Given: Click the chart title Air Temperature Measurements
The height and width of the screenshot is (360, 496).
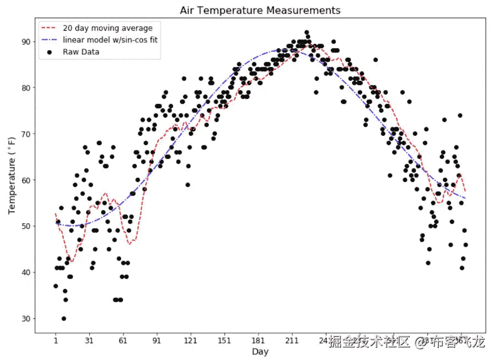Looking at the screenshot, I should [260, 10].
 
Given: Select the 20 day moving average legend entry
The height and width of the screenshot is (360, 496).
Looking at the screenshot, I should [108, 28].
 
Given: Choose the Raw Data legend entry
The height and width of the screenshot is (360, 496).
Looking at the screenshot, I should [81, 52].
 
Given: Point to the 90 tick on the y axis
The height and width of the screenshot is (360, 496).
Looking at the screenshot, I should [25, 41].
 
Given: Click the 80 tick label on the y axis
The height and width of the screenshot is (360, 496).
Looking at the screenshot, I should [25, 87].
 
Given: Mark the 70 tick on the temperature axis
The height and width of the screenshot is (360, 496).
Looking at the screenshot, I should [25, 134].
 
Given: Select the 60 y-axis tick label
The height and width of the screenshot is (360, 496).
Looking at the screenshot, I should [25, 180].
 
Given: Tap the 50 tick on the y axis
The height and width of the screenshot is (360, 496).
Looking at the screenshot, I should [25, 226].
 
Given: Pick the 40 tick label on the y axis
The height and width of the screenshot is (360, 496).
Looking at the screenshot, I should [25, 272].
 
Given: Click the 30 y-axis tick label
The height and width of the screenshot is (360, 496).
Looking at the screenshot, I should [25, 318].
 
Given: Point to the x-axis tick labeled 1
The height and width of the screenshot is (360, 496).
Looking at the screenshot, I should [56, 340].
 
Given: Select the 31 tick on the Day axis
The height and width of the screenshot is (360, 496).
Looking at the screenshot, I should [89, 340].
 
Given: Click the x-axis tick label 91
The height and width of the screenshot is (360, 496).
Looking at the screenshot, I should [157, 340].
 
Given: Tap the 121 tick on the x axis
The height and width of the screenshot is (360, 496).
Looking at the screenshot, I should [191, 340].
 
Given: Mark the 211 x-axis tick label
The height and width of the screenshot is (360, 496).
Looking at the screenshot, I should [292, 340].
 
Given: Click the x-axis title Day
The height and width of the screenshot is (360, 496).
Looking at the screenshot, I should [260, 351].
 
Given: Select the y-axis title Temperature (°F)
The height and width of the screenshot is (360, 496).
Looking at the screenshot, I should [12, 176].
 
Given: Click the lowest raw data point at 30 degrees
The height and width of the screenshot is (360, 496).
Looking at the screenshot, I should [64, 318].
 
